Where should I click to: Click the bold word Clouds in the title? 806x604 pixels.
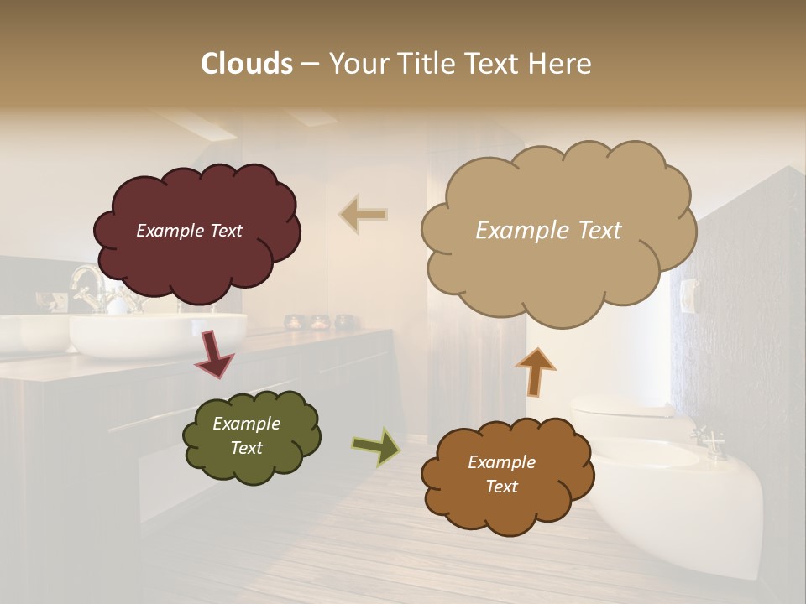point(247,64)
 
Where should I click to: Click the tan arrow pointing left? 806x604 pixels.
point(364,215)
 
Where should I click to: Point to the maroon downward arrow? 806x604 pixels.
point(214,352)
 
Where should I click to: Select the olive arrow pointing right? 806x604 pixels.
point(376,446)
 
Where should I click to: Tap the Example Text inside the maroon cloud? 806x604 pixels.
point(189,231)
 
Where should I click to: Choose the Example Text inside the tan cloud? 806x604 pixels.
point(548,231)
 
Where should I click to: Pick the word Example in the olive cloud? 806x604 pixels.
point(246,424)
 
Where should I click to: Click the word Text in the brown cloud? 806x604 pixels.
point(501,487)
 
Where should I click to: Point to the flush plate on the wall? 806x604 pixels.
point(688,295)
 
